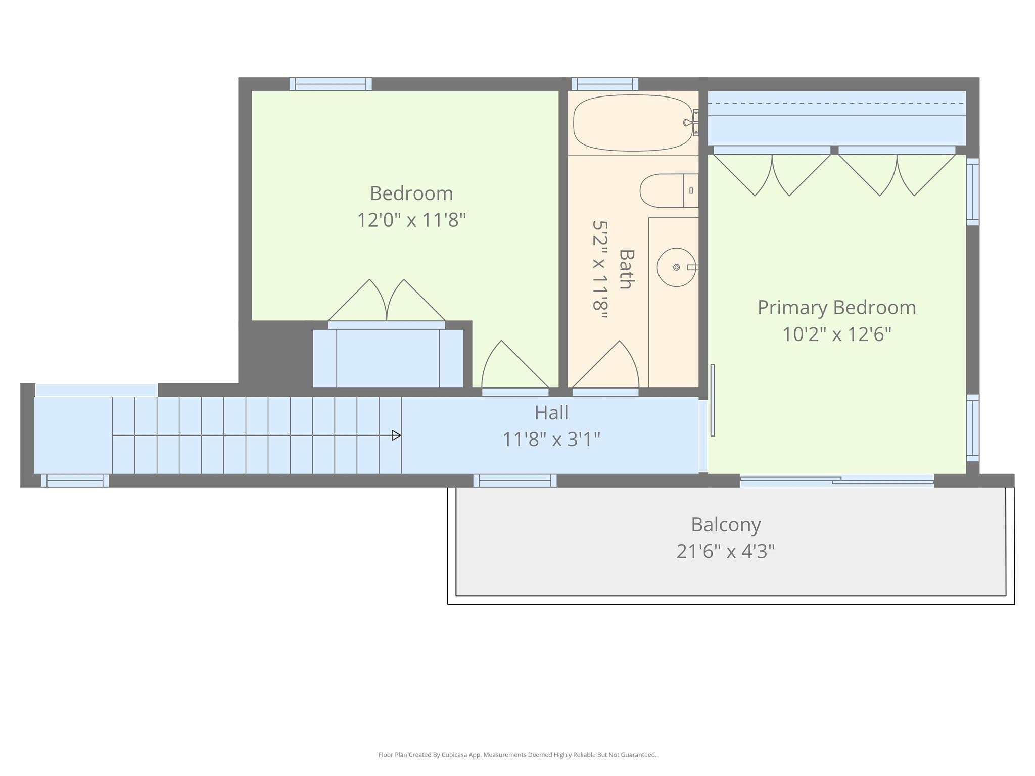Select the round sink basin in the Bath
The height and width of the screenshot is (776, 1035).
point(676,267)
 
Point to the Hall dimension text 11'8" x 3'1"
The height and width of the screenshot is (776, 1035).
point(551,440)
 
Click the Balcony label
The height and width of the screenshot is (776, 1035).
point(726,524)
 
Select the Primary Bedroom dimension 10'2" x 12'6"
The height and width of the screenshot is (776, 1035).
point(836,334)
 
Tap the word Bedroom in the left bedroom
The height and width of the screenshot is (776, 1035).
point(411,193)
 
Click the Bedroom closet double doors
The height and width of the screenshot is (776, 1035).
point(387,303)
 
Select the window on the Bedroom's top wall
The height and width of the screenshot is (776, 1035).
point(331,84)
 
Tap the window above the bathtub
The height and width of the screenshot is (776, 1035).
point(605,84)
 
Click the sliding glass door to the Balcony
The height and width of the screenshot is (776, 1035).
point(836,481)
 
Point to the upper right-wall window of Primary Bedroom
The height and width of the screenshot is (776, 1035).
point(973,192)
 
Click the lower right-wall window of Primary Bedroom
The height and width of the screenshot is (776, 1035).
point(973,428)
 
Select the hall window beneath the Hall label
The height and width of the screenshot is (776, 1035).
point(515,481)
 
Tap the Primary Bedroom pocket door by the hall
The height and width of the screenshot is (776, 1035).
point(713,400)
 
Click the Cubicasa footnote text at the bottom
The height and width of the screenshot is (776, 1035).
point(517,755)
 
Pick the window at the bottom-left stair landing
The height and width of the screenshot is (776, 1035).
point(75,481)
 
